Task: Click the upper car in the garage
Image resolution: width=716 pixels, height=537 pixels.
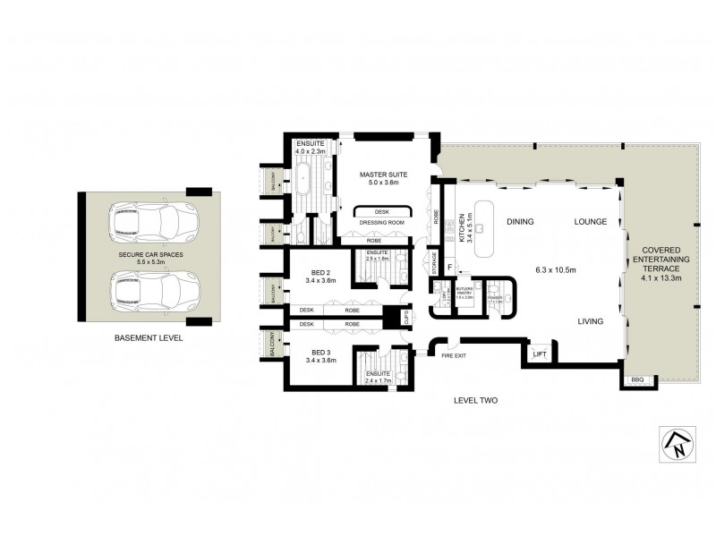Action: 152,221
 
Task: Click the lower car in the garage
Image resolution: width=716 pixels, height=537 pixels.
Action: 152,290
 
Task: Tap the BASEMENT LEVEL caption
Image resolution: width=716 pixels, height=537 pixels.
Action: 149,338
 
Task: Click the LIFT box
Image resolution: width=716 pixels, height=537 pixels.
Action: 539,355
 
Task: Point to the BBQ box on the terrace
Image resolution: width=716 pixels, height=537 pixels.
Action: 636,380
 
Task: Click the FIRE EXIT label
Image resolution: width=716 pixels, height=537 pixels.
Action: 455,356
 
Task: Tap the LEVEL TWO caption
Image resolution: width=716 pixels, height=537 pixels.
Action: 474,400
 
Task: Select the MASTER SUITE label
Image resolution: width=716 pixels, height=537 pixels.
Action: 383,175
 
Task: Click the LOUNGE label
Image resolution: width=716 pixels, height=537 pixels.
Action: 591,221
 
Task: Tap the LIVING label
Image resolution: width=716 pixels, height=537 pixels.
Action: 590,320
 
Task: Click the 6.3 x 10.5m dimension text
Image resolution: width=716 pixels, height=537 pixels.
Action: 555,269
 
